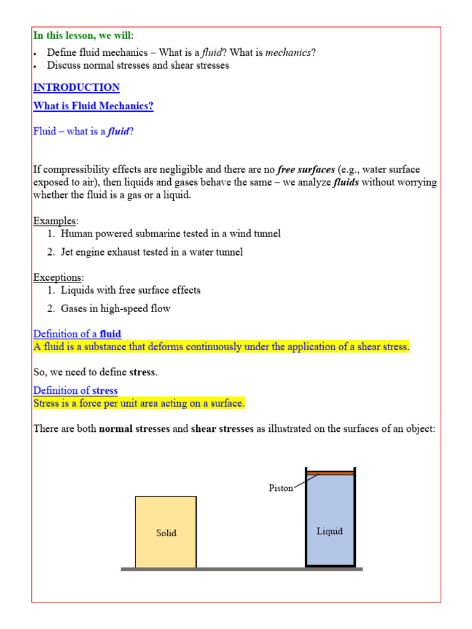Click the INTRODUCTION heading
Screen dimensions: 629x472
pyautogui.click(x=76, y=87)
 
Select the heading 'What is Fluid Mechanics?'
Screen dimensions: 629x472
pyautogui.click(x=93, y=106)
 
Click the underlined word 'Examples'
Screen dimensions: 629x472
pyautogui.click(x=55, y=221)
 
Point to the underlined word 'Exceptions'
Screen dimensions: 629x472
pyautogui.click(x=58, y=278)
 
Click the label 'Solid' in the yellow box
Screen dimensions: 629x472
pyautogui.click(x=166, y=533)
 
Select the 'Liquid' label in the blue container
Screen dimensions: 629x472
pyautogui.click(x=329, y=531)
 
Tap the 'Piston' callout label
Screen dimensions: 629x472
pyautogui.click(x=281, y=488)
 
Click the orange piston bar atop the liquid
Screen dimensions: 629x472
pyautogui.click(x=331, y=473)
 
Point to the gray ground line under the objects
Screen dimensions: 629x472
pyautogui.click(x=242, y=569)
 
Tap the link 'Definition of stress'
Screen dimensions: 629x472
pyautogui.click(x=75, y=390)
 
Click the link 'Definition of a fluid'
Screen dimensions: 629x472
pyautogui.click(x=77, y=334)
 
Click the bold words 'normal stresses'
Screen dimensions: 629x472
pyautogui.click(x=134, y=429)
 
